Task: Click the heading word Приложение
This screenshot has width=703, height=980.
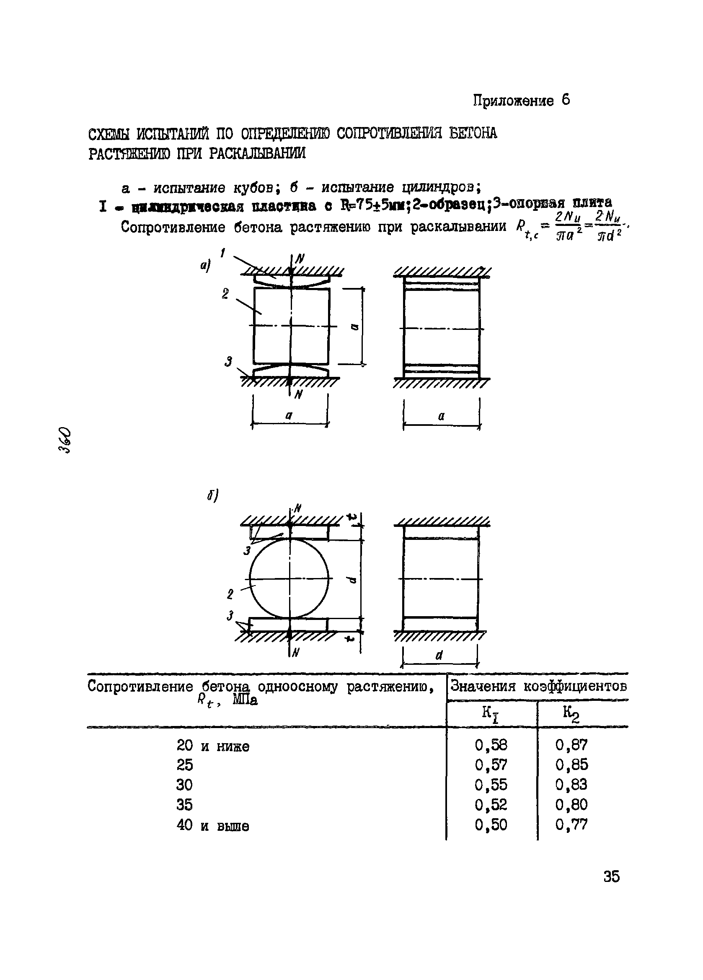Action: click(x=513, y=101)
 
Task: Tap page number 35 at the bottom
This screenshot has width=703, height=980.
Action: click(x=611, y=877)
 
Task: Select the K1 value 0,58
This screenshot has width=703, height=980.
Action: click(x=491, y=745)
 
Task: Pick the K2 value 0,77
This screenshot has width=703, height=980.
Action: click(x=571, y=825)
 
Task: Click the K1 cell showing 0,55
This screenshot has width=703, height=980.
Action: click(x=491, y=785)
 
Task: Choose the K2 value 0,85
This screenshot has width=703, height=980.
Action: click(x=571, y=765)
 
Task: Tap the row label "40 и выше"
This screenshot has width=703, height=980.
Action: click(x=212, y=826)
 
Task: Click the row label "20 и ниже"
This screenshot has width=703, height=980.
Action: click(x=212, y=746)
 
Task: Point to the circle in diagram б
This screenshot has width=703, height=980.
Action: click(x=289, y=578)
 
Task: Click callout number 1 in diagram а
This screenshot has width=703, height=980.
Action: click(x=223, y=253)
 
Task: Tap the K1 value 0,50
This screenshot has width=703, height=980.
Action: click(x=491, y=825)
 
